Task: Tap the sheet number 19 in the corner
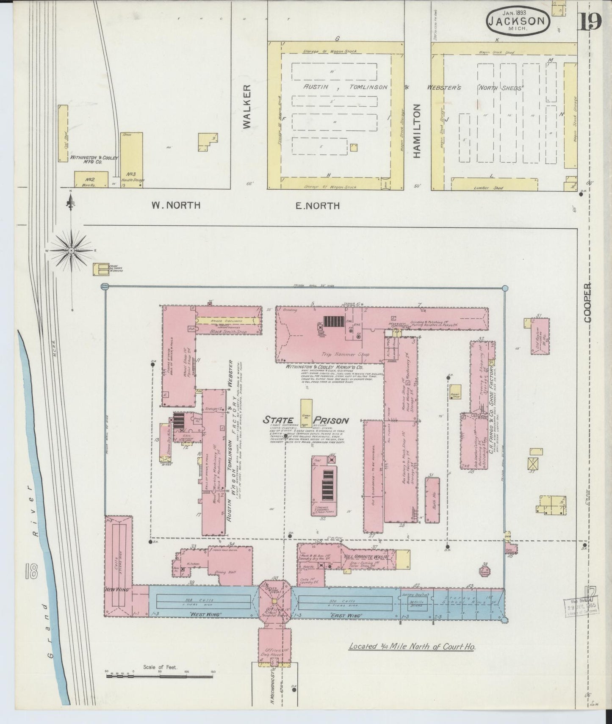click(x=590, y=22)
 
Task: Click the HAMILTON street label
click(x=417, y=131)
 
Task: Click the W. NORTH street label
click(x=176, y=205)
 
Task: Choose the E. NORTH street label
click(x=317, y=206)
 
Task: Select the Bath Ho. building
click(x=432, y=500)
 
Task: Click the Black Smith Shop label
click(x=228, y=332)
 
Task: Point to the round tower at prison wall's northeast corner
click(x=505, y=288)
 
